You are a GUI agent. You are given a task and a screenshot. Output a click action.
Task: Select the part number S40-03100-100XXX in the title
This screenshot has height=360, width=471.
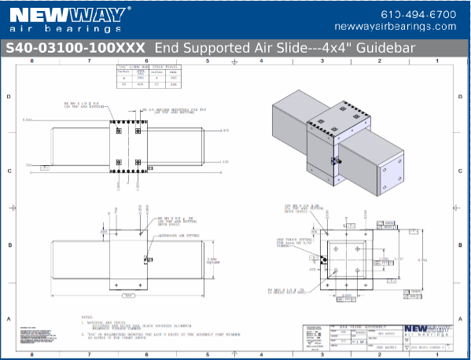(x=75, y=48)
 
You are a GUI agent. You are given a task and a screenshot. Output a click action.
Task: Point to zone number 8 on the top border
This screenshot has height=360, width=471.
(x=32, y=60)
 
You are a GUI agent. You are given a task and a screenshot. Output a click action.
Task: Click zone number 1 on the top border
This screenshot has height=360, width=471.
(x=438, y=60)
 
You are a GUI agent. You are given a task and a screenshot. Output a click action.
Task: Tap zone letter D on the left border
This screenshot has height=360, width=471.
(x=9, y=97)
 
